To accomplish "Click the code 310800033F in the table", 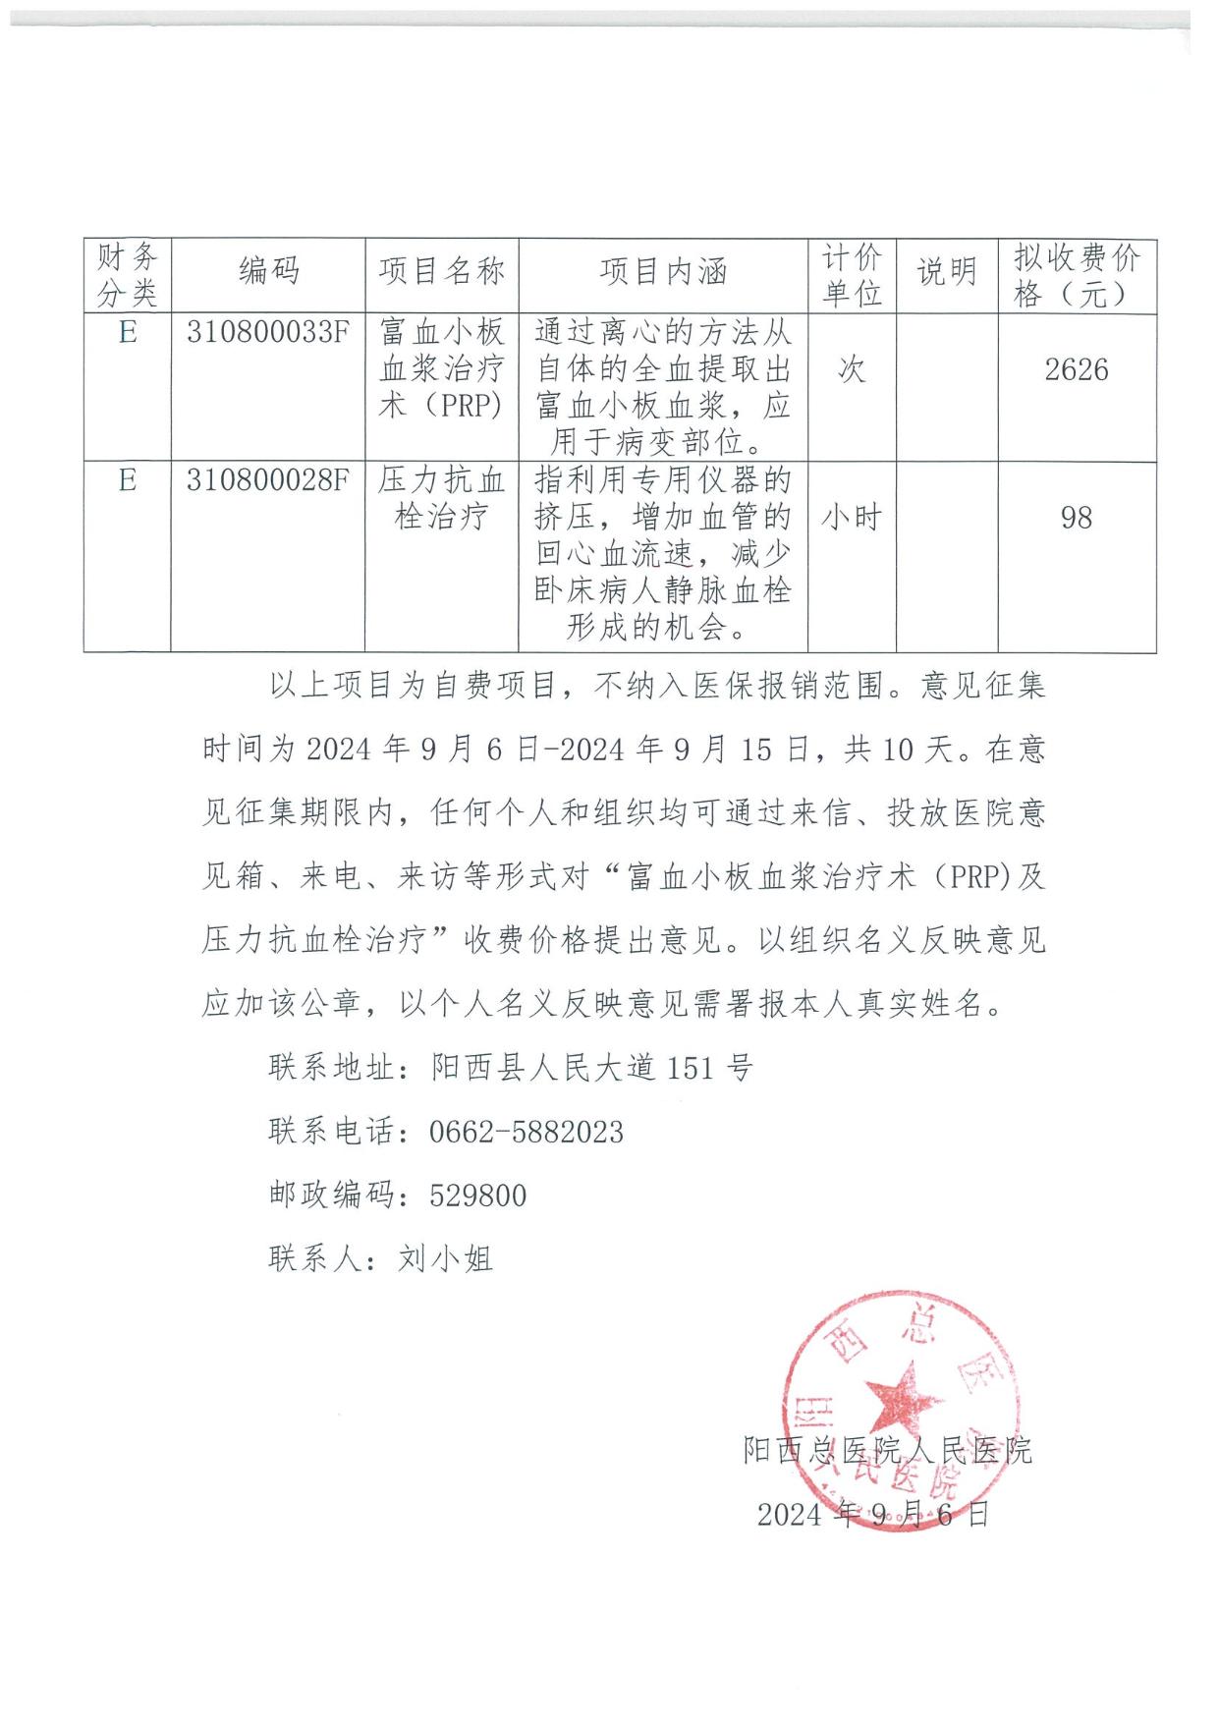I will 267,333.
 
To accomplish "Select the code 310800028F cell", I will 267,480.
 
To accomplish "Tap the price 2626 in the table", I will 1077,370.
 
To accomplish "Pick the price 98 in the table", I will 1077,518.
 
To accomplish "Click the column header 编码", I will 267,272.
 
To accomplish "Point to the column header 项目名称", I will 442,272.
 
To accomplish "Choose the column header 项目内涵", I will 663,272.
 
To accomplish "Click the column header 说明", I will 947,272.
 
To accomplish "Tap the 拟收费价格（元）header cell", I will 1077,275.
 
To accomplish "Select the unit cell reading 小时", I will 852,518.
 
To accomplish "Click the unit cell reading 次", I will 852,370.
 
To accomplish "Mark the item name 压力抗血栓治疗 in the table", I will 442,498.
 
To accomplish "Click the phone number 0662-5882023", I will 526,1132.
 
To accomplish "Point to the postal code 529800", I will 478,1196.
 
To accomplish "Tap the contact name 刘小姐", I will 445,1258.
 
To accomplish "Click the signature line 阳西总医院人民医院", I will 888,1451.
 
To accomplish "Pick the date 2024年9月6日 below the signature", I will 872,1515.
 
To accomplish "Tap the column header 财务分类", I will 127,275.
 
